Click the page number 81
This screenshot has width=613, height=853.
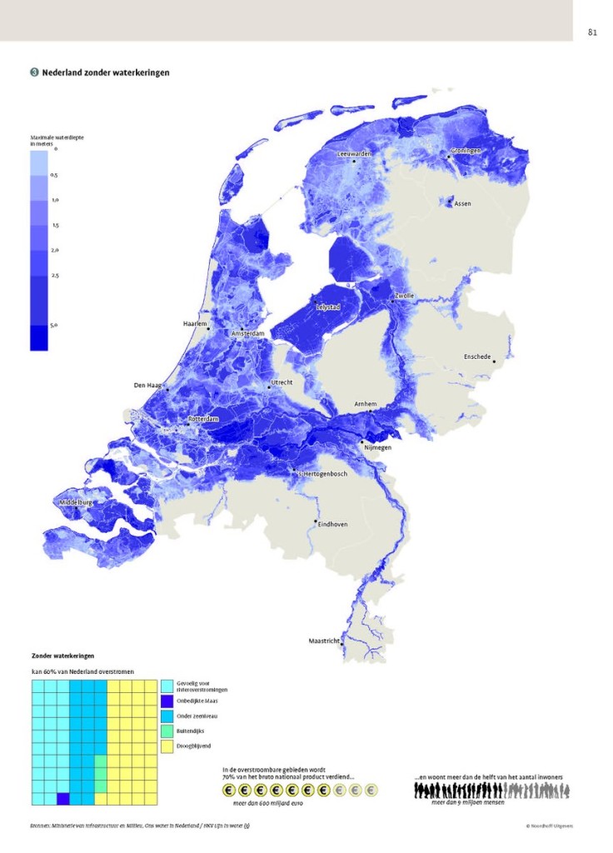click(x=592, y=32)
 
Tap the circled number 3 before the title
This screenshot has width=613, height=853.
click(x=34, y=73)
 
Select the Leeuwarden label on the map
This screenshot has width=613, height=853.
click(x=354, y=154)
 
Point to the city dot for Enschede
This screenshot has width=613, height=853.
click(x=494, y=362)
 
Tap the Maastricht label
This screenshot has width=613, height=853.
click(x=325, y=641)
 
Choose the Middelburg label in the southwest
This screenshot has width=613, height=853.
click(x=75, y=503)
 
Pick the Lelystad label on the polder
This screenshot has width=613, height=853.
click(x=327, y=307)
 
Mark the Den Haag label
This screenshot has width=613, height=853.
click(x=147, y=386)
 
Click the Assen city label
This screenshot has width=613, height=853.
click(x=462, y=203)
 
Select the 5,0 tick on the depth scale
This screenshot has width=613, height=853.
click(x=53, y=326)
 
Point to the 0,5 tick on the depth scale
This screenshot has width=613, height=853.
click(x=53, y=176)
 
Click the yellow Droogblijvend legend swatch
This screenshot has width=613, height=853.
click(x=167, y=746)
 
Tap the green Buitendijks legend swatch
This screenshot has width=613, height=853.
click(x=167, y=731)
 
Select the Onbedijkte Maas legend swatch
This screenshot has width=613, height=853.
click(x=167, y=701)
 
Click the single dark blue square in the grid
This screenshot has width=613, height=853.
click(x=62, y=799)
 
